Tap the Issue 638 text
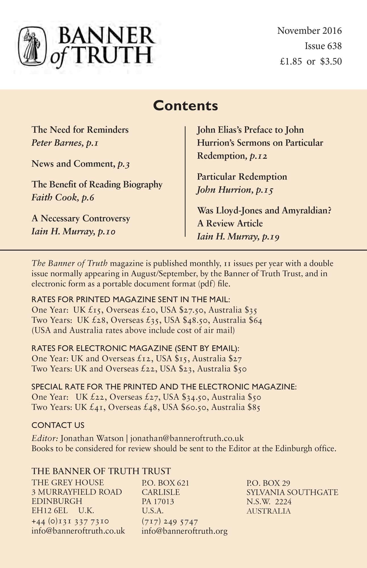click(323, 46)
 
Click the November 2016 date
click(309, 31)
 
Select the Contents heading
click(185, 106)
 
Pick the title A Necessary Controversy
click(81, 218)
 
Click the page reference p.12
click(258, 156)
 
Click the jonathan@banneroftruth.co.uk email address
click(187, 438)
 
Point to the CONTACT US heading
click(58, 425)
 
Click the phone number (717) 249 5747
click(170, 521)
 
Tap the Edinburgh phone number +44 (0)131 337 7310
click(70, 521)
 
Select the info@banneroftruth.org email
click(184, 531)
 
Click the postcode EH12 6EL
click(50, 510)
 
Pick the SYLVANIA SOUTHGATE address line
click(292, 492)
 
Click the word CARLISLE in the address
click(161, 492)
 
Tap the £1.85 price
click(291, 62)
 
